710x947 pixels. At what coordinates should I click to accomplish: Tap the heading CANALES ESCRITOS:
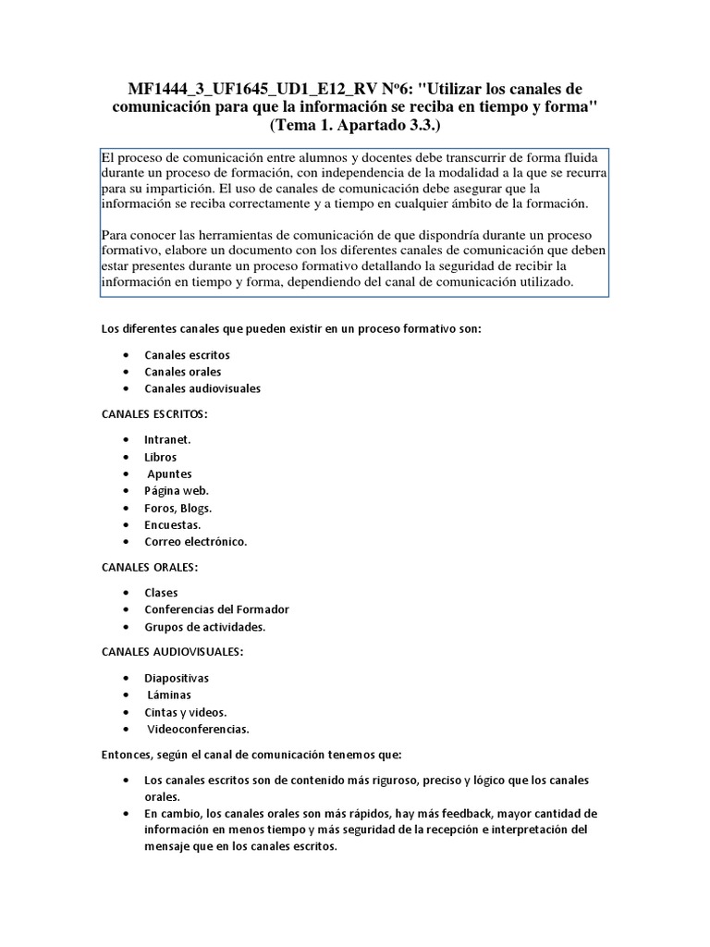click(x=153, y=413)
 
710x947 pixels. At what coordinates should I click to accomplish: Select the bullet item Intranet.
click(x=167, y=439)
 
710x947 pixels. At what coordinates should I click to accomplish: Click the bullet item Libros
click(x=160, y=457)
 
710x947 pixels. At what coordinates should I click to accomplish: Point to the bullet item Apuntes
click(x=170, y=473)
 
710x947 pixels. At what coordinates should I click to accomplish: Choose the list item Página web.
click(x=177, y=490)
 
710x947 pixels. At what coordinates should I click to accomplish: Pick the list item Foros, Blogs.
click(x=178, y=508)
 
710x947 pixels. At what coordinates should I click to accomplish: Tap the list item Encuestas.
click(x=172, y=524)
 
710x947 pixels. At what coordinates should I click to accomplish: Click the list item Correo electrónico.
click(x=196, y=541)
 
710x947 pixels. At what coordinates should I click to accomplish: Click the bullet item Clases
click(x=162, y=592)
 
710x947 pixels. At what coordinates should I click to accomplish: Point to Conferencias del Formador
click(x=216, y=609)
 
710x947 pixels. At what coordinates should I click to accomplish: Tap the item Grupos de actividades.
click(x=204, y=627)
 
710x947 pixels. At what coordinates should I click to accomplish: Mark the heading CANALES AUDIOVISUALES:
click(x=171, y=652)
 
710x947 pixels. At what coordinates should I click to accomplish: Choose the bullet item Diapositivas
click(x=177, y=678)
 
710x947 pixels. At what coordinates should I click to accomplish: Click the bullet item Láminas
click(x=169, y=695)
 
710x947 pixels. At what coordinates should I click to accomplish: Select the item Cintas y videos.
click(x=185, y=712)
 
